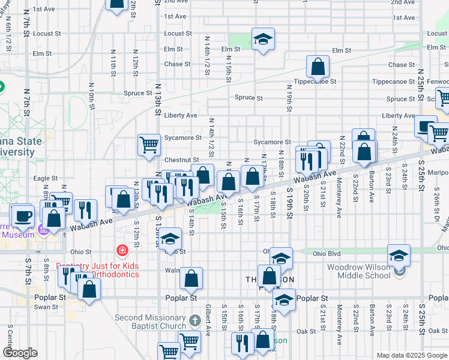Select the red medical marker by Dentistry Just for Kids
pyautogui.click(x=122, y=250)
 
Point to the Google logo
pyautogui.click(x=20, y=353)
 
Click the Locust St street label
pyautogui.click(x=177, y=34)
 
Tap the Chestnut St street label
pyautogui.click(x=177, y=160)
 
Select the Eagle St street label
pyautogui.click(x=45, y=178)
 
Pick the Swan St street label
pyautogui.click(x=46, y=307)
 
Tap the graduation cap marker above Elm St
pyautogui.click(x=263, y=40)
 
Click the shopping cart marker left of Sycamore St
pyautogui.click(x=149, y=145)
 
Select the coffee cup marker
pyautogui.click(x=23, y=216)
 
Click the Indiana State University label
pyautogui.click(x=21, y=147)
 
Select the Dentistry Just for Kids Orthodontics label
pyautogui.click(x=97, y=270)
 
